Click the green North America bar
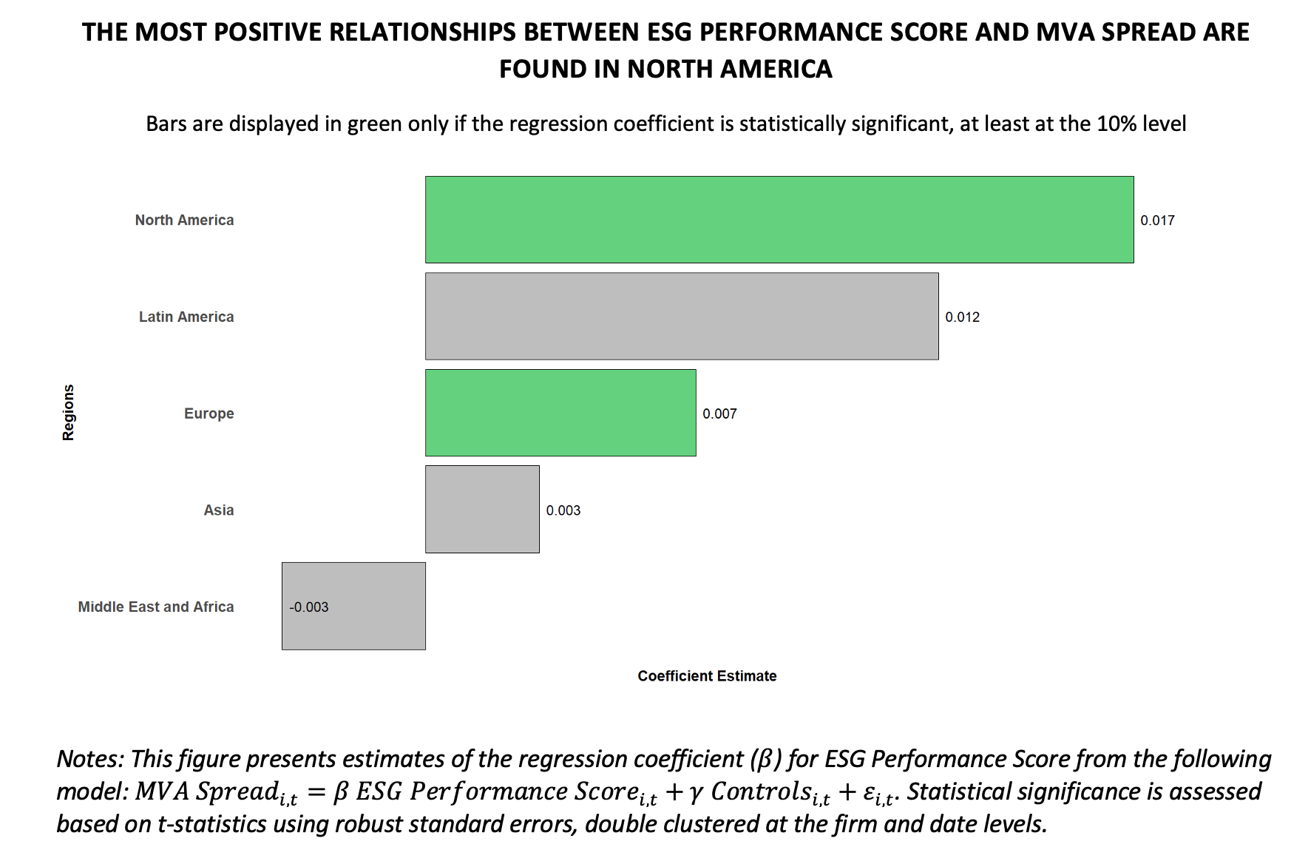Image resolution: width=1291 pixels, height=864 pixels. click(x=779, y=220)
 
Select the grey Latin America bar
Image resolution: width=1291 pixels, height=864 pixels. click(x=681, y=316)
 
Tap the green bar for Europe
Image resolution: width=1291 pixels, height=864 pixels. click(x=560, y=413)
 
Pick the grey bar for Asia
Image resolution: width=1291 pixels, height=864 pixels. click(x=481, y=509)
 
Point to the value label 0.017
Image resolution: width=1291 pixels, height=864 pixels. click(x=1157, y=220)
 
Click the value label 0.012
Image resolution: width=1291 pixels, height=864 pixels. click(x=962, y=317)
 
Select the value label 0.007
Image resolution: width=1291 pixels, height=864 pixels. click(x=719, y=414)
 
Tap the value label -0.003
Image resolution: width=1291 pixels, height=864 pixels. click(x=309, y=607)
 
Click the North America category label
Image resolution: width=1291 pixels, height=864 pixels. click(x=184, y=220)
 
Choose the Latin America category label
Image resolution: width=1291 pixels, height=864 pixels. click(x=186, y=317)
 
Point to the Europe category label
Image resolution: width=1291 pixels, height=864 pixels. click(x=209, y=414)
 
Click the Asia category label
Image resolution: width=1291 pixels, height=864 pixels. click(x=218, y=510)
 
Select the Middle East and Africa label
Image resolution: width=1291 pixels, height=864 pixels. click(x=156, y=607)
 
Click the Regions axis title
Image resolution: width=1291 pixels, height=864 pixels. click(x=68, y=412)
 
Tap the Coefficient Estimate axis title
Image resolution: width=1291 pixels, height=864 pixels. click(x=707, y=675)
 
